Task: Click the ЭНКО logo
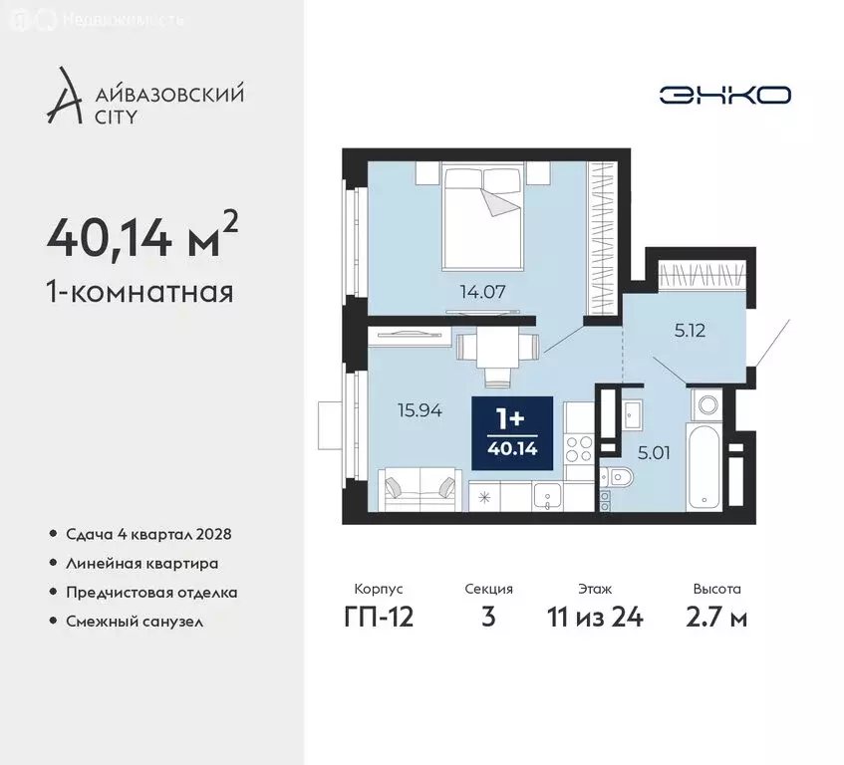724,95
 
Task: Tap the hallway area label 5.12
689,332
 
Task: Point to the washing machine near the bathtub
707,404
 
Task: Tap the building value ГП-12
379,617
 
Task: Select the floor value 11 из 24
595,617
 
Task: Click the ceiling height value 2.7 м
717,617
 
